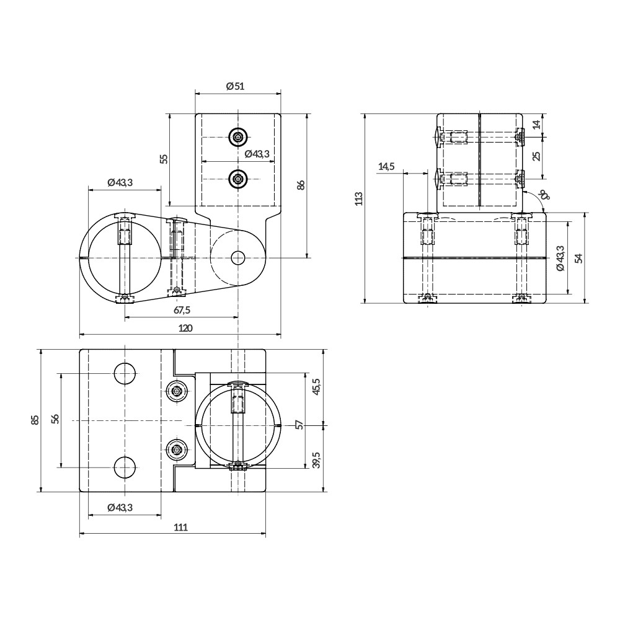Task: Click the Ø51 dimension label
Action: pyautogui.click(x=236, y=86)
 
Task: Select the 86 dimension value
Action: pyautogui.click(x=301, y=185)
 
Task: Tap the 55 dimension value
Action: pyautogui.click(x=164, y=159)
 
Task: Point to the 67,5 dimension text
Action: pyautogui.click(x=181, y=310)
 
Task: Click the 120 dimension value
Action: pyautogui.click(x=185, y=328)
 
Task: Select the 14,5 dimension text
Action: pyautogui.click(x=386, y=166)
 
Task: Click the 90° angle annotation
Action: pyautogui.click(x=544, y=197)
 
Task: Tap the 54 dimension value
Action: pyautogui.click(x=579, y=257)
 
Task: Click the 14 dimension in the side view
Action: pyautogui.click(x=537, y=123)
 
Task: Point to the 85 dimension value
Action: pyautogui.click(x=35, y=420)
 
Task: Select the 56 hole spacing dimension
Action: pyautogui.click(x=55, y=420)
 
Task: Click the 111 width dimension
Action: pyautogui.click(x=180, y=527)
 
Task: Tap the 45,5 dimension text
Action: pyautogui.click(x=316, y=387)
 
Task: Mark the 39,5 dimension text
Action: pyautogui.click(x=316, y=460)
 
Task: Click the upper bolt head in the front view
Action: pyautogui.click(x=238, y=136)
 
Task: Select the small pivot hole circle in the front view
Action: pyautogui.click(x=238, y=257)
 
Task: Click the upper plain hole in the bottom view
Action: pyautogui.click(x=125, y=374)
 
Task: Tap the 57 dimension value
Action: pyautogui.click(x=299, y=425)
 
